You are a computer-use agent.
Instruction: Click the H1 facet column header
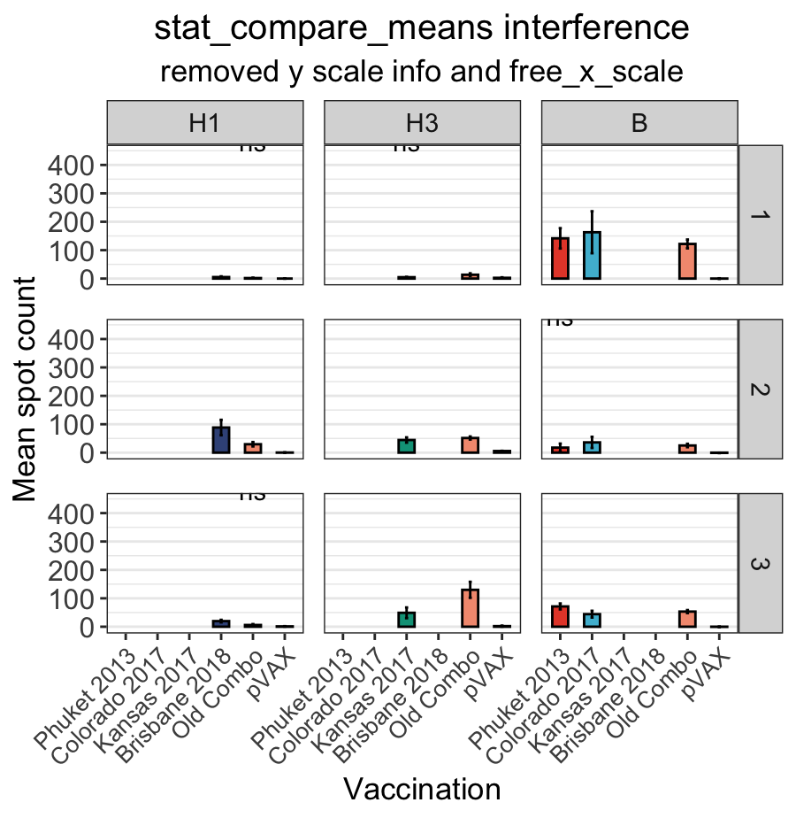(205, 122)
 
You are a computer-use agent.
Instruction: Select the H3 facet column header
(422, 122)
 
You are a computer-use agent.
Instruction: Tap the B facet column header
(639, 122)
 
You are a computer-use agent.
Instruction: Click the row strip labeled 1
(761, 214)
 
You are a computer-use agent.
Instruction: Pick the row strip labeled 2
(761, 389)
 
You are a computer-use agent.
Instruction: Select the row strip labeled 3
(761, 563)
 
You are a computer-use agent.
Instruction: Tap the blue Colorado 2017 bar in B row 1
(592, 256)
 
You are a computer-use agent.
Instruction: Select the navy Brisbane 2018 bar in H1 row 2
(221, 440)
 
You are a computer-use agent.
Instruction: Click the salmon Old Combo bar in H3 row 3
(470, 608)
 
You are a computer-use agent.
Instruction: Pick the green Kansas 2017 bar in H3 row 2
(406, 446)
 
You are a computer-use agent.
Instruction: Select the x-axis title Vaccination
(422, 789)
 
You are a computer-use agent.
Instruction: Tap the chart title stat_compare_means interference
(422, 28)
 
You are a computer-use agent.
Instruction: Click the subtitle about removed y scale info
(422, 72)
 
